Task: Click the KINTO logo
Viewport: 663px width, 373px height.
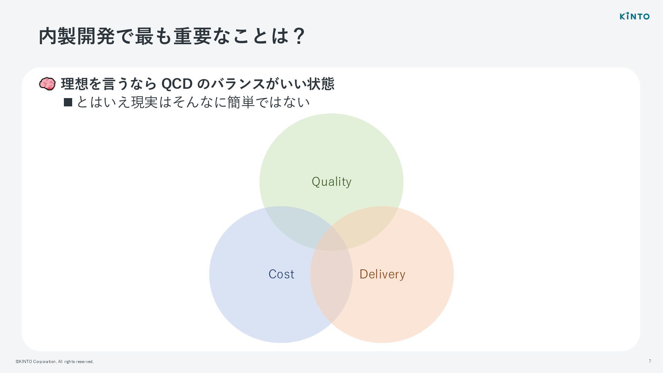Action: coord(634,16)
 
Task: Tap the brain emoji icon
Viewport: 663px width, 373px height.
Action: coord(47,84)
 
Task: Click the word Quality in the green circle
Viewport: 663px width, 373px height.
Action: coord(331,182)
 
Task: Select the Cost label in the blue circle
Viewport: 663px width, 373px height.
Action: coord(281,274)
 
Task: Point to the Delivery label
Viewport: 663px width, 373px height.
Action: coord(382,274)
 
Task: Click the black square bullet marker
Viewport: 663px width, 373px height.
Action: coord(68,102)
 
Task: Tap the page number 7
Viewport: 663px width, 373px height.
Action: coord(650,361)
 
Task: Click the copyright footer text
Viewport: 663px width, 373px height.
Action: coord(55,362)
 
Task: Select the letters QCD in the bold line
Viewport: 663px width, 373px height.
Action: coord(177,84)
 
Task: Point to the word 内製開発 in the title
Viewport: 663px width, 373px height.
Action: coord(77,36)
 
